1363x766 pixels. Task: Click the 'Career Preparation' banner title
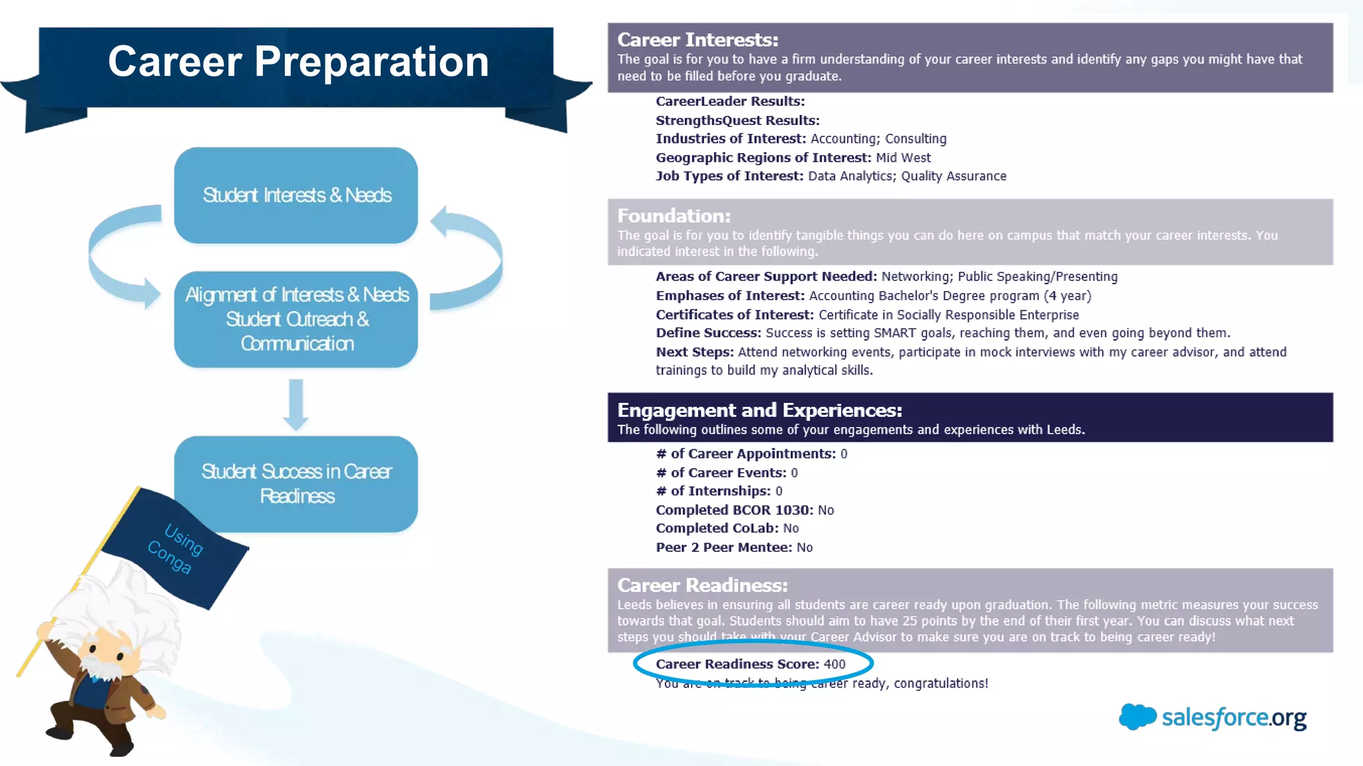(298, 62)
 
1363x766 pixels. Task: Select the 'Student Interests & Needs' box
(296, 195)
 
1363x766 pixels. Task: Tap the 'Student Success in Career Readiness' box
(296, 483)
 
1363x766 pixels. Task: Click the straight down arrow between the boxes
(296, 404)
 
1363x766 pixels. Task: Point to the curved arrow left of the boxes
(120, 256)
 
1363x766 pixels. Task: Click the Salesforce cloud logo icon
(1137, 716)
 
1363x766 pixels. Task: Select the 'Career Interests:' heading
(697, 40)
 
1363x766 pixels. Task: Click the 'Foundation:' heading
(674, 216)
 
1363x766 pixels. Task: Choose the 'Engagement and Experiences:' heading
(759, 410)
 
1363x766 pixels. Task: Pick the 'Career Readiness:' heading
(702, 585)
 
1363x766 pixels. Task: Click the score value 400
(835, 664)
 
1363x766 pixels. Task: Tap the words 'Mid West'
(903, 158)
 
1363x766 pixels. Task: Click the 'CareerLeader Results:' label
(730, 101)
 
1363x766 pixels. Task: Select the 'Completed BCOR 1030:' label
(734, 510)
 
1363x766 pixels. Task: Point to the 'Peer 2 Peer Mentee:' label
(724, 547)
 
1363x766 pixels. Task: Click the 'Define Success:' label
(708, 333)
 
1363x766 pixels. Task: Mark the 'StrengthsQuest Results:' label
(737, 120)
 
